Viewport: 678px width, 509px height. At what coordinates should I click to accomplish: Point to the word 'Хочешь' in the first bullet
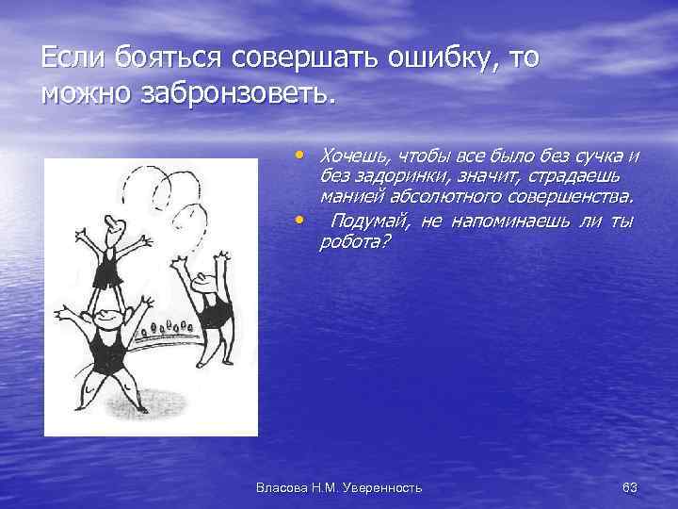354,155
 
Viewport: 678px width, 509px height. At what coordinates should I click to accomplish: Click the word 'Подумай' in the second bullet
367,221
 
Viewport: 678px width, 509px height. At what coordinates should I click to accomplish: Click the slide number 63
630,486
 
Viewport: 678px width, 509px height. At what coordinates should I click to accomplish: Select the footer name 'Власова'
282,486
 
